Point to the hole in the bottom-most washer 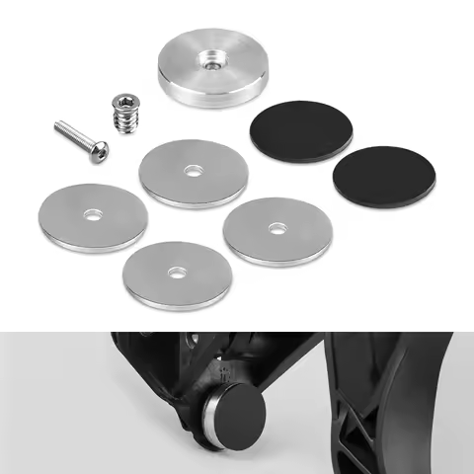(176, 271)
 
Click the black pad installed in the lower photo (248, 418)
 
